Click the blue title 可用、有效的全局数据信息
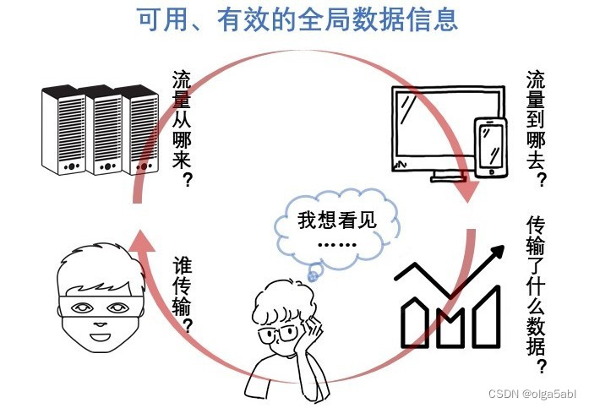point(295,19)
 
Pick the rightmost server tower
point(140,131)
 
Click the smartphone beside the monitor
point(491,148)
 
